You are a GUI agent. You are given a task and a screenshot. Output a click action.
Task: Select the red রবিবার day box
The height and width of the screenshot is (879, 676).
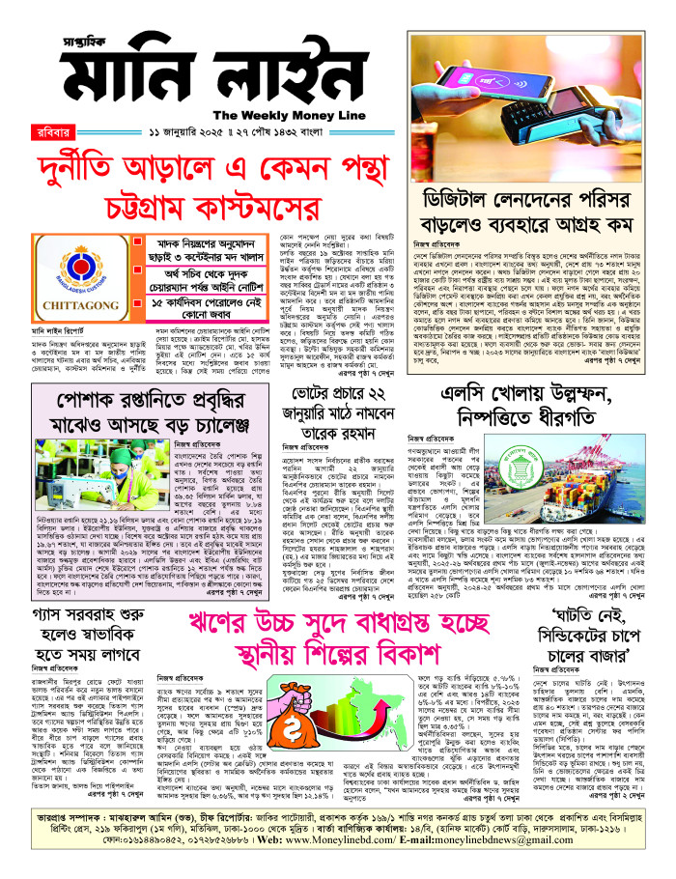pyautogui.click(x=38, y=129)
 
